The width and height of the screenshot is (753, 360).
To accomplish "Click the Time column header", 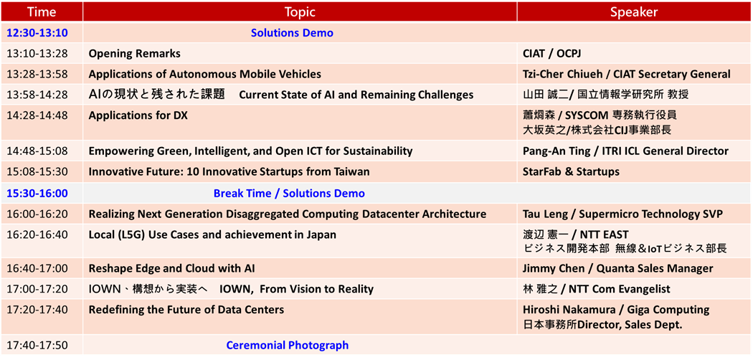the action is coord(42,11).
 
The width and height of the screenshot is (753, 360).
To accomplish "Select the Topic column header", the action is coord(300,11).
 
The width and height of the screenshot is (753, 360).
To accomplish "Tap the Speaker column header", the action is coord(634,11).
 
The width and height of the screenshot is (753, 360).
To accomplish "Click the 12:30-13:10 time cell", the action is coord(37,33).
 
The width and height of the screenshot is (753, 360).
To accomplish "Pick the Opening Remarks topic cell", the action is coord(135,54).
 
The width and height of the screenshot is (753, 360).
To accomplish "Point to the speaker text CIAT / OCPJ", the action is coord(552,54).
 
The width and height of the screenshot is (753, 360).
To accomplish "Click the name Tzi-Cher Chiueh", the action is coord(559,75).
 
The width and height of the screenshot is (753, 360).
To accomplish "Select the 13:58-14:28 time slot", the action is coord(37,95).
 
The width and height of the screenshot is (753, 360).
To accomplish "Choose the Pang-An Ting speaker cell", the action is coord(626,151).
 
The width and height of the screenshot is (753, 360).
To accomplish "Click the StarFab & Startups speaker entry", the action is coord(571,171).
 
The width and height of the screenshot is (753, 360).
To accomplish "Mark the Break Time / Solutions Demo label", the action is coord(289,194).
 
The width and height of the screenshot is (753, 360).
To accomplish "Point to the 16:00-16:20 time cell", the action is coord(37,214).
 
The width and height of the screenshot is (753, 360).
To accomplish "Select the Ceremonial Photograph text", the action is coord(287,345).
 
